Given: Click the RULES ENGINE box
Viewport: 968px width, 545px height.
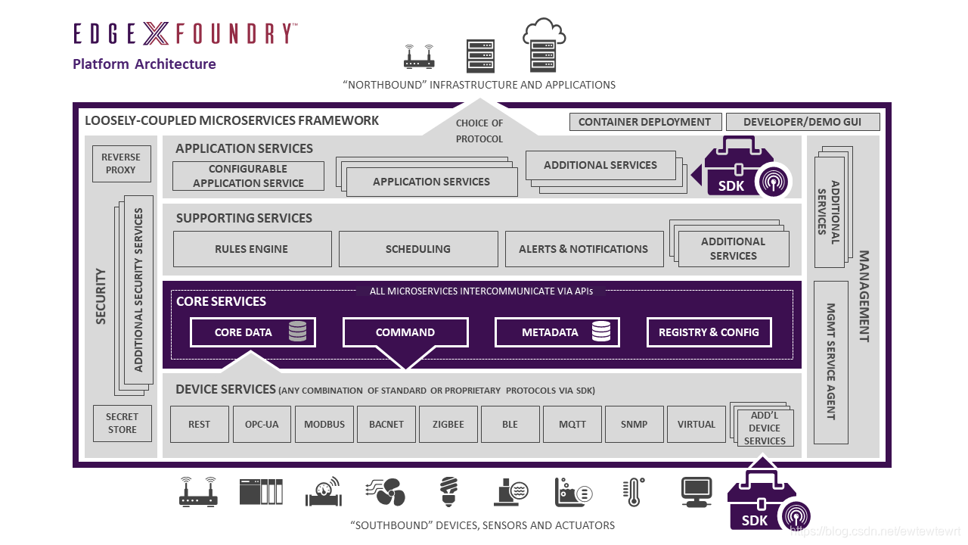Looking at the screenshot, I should click(x=252, y=249).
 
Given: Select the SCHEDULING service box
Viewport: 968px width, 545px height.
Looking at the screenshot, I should click(x=417, y=249).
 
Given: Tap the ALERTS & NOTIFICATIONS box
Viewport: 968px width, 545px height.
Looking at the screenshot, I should click(x=583, y=249).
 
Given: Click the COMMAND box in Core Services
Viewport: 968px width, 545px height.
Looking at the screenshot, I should click(x=405, y=332).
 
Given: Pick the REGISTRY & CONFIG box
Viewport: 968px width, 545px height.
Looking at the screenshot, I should click(x=709, y=332).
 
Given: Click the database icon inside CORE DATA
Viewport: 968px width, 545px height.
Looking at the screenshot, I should click(x=297, y=332).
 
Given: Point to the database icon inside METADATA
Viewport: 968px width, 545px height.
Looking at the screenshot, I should click(x=601, y=332).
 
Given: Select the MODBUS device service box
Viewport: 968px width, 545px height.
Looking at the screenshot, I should click(x=324, y=425).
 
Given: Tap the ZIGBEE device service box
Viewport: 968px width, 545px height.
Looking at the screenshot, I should click(x=448, y=425).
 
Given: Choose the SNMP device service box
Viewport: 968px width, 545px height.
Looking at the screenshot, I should click(x=634, y=425).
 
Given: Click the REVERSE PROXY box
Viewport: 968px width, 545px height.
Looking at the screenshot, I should click(x=121, y=163).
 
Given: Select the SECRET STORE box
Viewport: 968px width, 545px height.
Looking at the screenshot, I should click(x=122, y=423).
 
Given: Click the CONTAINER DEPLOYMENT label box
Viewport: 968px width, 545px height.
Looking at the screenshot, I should click(x=644, y=122).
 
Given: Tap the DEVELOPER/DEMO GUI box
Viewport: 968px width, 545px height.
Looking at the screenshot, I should click(x=803, y=122).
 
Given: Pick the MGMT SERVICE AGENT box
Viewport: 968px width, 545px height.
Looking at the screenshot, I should click(x=830, y=362).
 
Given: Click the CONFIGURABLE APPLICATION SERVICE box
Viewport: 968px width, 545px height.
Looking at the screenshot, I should click(x=248, y=176).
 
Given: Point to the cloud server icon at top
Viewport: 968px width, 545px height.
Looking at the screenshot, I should click(x=544, y=45).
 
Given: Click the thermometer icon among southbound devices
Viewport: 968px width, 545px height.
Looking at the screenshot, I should click(x=633, y=492).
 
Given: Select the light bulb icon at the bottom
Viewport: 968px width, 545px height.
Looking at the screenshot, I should click(x=449, y=491).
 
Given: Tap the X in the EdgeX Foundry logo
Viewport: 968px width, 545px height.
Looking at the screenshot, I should click(x=156, y=34).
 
